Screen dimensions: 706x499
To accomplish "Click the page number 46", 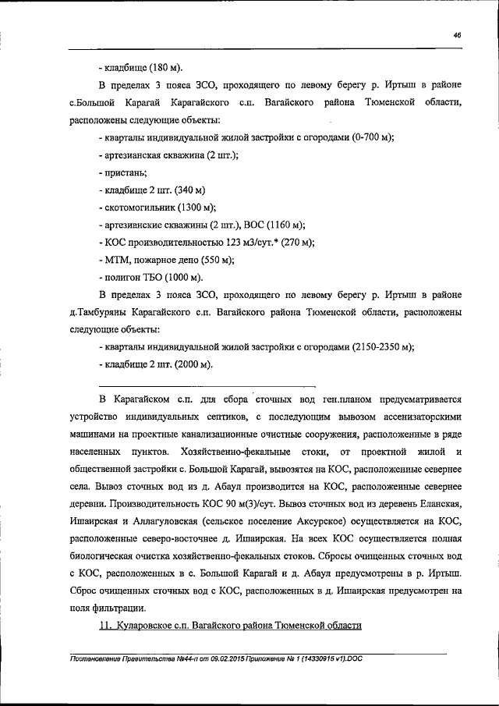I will pyautogui.click(x=456, y=34).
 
